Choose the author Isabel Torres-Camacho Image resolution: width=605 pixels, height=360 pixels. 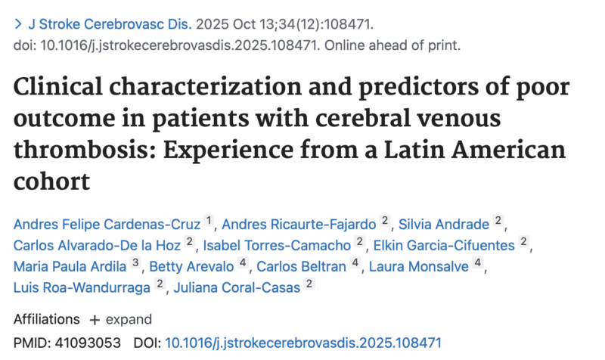coord(277,244)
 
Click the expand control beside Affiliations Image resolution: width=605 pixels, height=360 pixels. coord(121,319)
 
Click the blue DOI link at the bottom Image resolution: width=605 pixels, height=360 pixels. coord(302,342)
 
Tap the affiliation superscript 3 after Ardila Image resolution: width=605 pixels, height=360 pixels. coord(135,263)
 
